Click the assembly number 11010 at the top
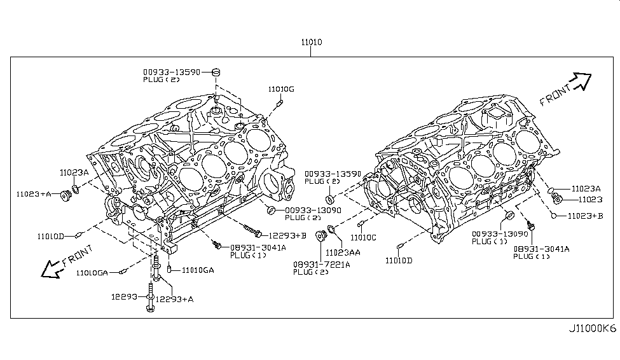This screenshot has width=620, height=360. coord(312,43)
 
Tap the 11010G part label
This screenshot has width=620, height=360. coord(280,89)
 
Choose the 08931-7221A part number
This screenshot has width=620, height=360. coord(322,264)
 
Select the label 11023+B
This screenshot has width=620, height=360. coord(586,216)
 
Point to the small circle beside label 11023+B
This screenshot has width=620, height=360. coord(555,216)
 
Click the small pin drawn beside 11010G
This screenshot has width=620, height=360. coord(280,102)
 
